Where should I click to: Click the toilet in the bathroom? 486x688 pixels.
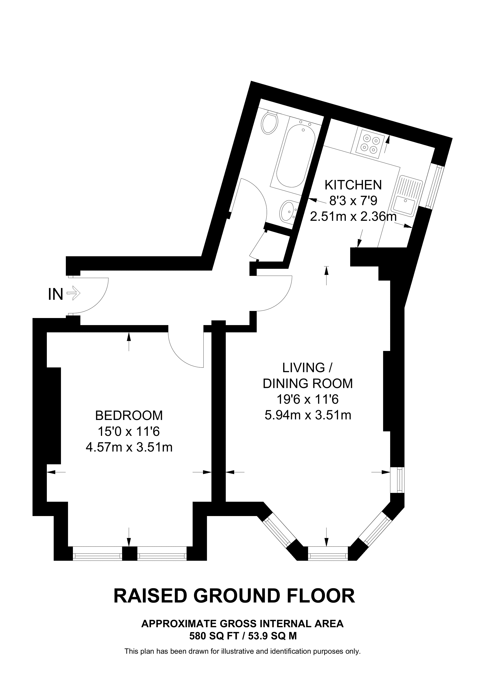click(270, 123)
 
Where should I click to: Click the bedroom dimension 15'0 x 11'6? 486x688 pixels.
click(129, 432)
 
